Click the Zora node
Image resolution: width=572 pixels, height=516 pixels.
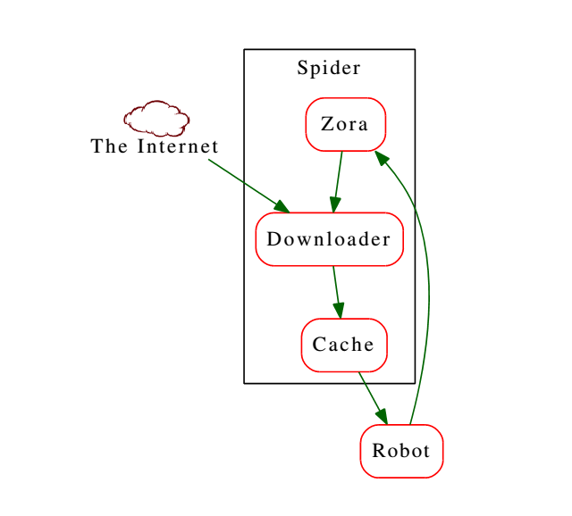click(x=345, y=124)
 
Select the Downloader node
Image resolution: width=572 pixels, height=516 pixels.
click(x=329, y=239)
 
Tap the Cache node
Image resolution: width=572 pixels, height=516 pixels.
click(x=343, y=344)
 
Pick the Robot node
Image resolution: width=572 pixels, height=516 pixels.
click(x=401, y=451)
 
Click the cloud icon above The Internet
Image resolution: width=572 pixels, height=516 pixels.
click(x=156, y=117)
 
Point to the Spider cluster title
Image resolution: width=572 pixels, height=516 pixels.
click(x=329, y=68)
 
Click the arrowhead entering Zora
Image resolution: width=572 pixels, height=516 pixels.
click(x=382, y=158)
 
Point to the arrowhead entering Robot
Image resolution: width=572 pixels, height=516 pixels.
click(x=382, y=415)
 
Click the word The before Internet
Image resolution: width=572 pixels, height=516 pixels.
click(x=110, y=146)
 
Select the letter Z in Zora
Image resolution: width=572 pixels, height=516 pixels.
click(x=327, y=124)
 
